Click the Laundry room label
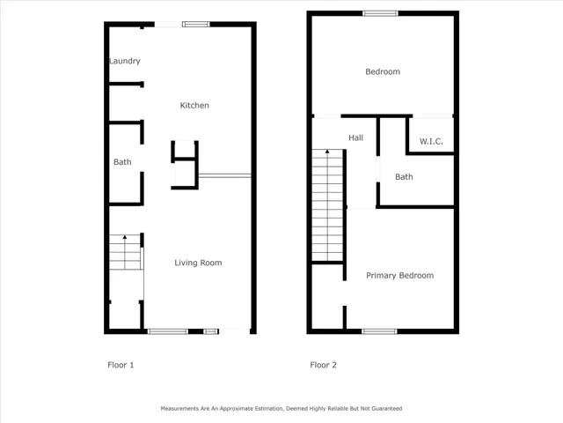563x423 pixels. pyautogui.click(x=124, y=61)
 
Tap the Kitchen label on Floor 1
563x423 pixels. pyautogui.click(x=194, y=106)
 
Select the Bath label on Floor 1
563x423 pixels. pyautogui.click(x=122, y=162)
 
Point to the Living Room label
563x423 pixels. pyautogui.click(x=198, y=263)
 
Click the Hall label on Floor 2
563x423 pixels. pyautogui.click(x=355, y=137)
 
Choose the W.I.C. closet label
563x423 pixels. pyautogui.click(x=431, y=141)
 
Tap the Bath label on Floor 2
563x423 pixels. pyautogui.click(x=404, y=177)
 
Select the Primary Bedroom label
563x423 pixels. pyautogui.click(x=400, y=276)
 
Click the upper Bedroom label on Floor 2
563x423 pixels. pyautogui.click(x=383, y=71)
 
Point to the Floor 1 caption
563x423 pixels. pyautogui.click(x=120, y=365)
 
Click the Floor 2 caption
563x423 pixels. pyautogui.click(x=323, y=365)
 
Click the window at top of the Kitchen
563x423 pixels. pyautogui.click(x=194, y=25)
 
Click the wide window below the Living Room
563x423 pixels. pyautogui.click(x=167, y=331)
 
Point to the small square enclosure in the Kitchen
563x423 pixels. pyautogui.click(x=184, y=151)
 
